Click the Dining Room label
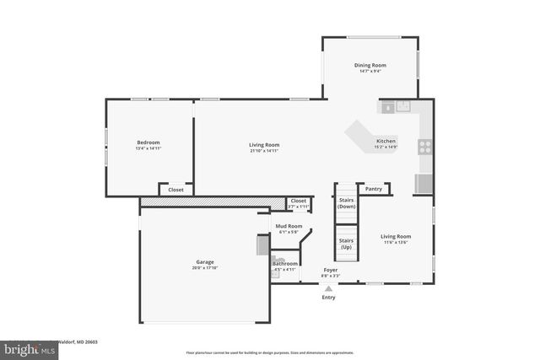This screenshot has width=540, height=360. [370, 65]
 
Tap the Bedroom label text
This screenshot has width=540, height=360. [148, 142]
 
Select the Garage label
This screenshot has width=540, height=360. [205, 262]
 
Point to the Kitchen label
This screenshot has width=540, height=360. [386, 141]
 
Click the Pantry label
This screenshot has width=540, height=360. [373, 189]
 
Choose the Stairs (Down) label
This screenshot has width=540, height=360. [346, 203]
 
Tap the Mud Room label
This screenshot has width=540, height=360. [289, 226]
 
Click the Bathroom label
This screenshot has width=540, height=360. [284, 264]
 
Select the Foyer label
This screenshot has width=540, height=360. [331, 270]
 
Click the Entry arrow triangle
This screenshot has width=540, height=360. [329, 287]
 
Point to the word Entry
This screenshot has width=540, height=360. [329, 297]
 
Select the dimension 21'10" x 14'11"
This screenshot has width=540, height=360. [264, 151]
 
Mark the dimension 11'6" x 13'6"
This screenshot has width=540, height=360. [395, 243]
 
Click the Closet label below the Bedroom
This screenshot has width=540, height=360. [175, 190]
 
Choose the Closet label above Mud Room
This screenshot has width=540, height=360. [299, 201]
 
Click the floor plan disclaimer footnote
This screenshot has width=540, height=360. [271, 352]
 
